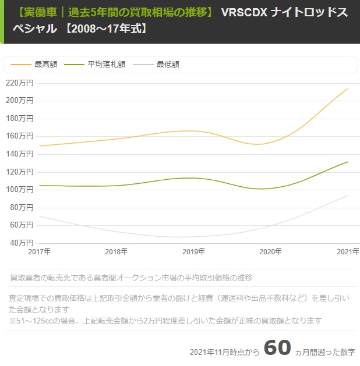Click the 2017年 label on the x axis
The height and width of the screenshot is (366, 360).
(40, 252)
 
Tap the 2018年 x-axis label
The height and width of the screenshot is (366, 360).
(117, 252)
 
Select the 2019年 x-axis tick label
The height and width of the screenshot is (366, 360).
(193, 252)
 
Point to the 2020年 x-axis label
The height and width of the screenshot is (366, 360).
(270, 252)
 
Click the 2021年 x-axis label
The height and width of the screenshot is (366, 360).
(347, 252)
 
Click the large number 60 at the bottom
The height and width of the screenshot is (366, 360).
(277, 347)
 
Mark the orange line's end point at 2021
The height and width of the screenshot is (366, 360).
(348, 88)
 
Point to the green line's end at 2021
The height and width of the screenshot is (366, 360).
(348, 162)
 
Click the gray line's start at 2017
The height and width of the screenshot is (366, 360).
(40, 216)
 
